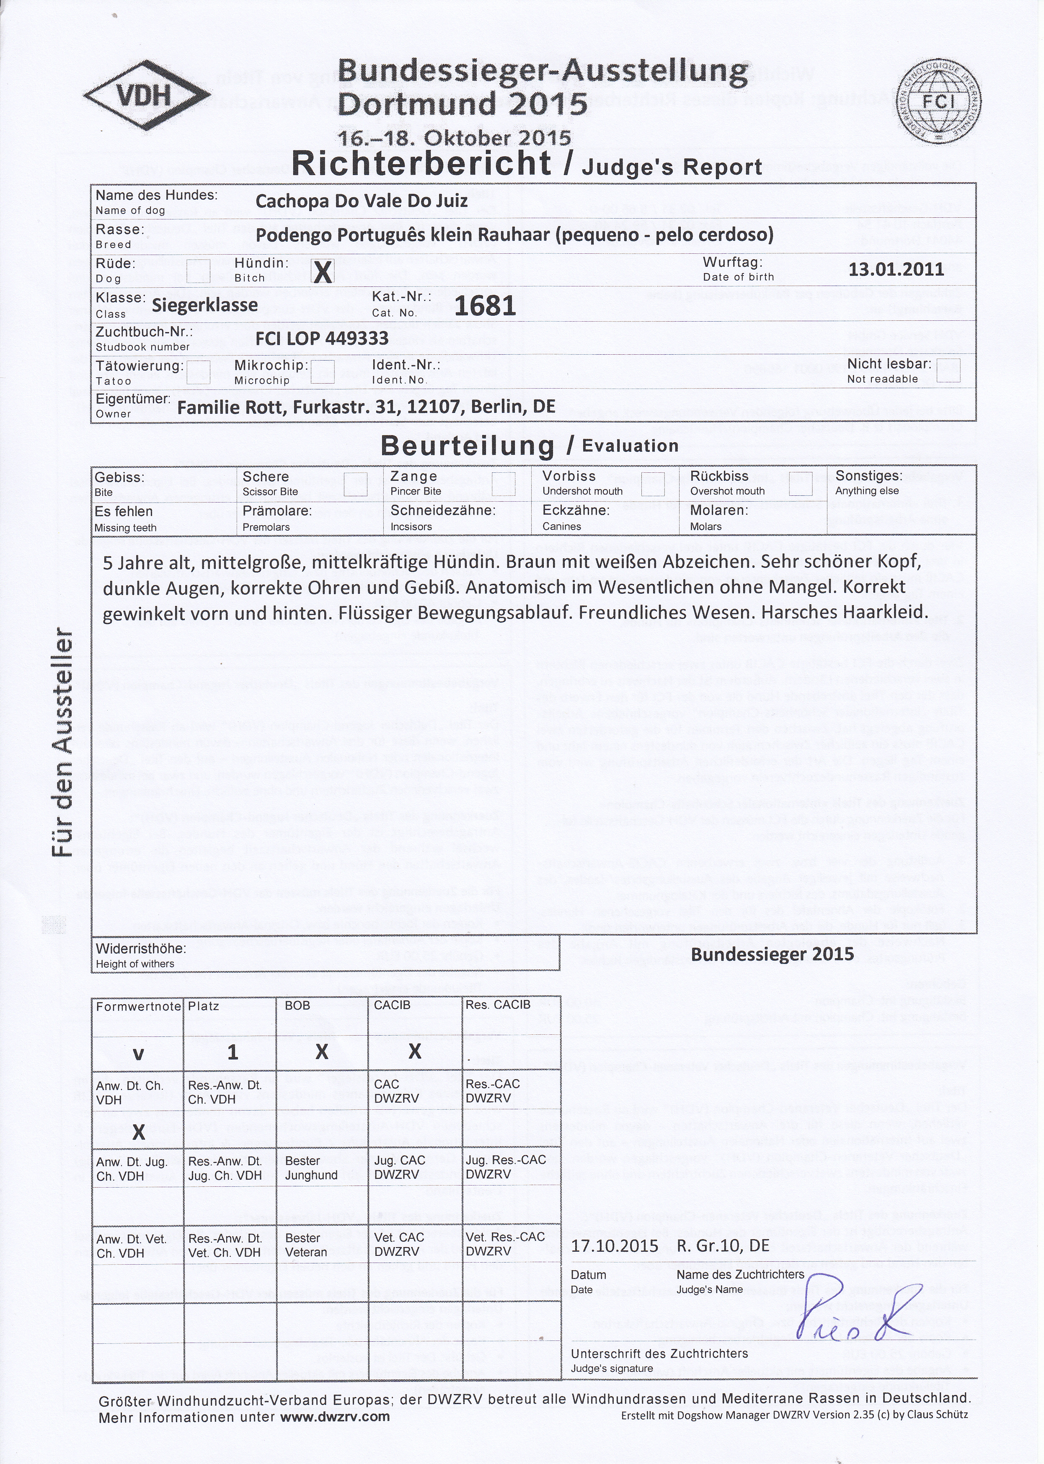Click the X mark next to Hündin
point(322,273)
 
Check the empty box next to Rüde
point(198,271)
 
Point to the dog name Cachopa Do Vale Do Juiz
point(361,201)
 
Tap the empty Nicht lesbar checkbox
point(948,370)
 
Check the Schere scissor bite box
point(356,485)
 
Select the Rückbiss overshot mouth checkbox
point(800,484)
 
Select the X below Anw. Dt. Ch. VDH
point(138,1132)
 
